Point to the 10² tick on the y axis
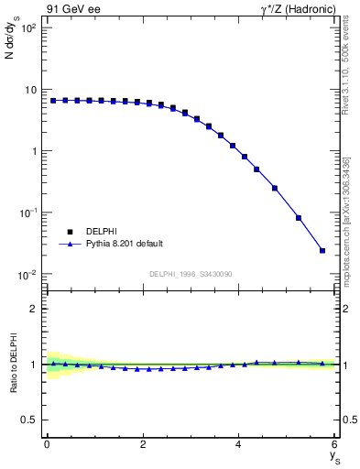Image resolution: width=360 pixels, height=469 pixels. point(27,28)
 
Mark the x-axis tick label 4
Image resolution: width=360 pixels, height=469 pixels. point(239,444)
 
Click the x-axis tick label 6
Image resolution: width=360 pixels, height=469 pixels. point(335,444)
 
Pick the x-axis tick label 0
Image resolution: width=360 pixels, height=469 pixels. point(47,444)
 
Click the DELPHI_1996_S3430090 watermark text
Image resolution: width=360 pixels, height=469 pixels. point(191,274)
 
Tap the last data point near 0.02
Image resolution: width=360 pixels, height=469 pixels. point(322,250)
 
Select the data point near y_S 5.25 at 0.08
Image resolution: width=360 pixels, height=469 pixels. point(299,218)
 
